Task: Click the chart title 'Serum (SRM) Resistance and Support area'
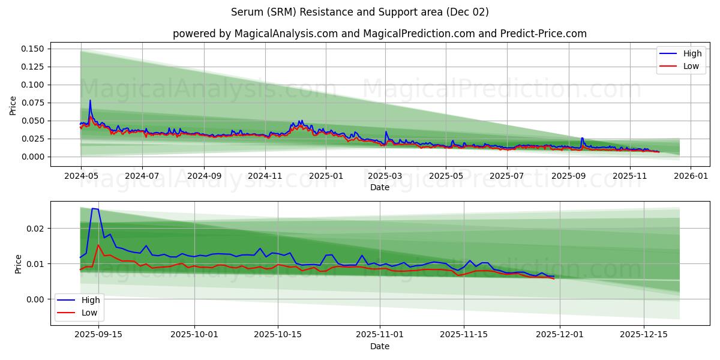(x=359, y=12)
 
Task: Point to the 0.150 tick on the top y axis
(x=33, y=49)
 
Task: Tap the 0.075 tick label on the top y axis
(x=33, y=103)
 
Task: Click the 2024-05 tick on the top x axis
(x=81, y=176)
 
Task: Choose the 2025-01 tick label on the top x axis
(x=326, y=176)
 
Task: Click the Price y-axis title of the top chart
(x=13, y=106)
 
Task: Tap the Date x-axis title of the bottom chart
(x=379, y=346)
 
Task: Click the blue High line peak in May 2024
(x=90, y=100)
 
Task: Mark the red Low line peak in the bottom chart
(x=98, y=245)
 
